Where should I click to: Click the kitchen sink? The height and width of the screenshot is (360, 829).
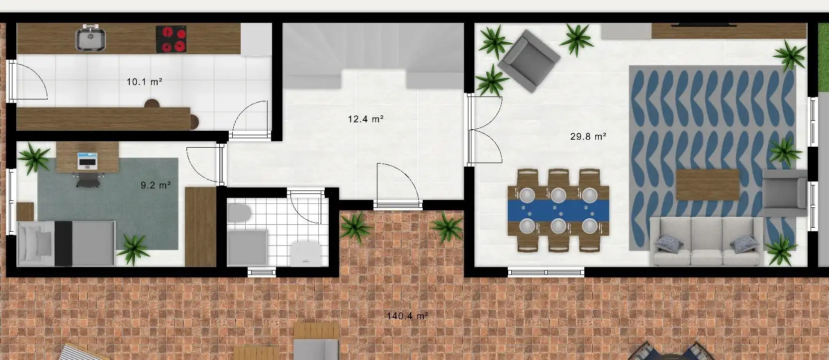coord(91,38)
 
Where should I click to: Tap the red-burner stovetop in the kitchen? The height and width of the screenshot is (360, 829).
coord(171,39)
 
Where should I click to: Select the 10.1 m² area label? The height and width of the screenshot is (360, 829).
coord(144,82)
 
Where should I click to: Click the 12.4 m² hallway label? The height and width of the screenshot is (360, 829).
coord(366,119)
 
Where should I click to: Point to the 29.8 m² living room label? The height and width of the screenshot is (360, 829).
coord(588,137)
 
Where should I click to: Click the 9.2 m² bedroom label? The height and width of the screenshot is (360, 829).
coord(156,185)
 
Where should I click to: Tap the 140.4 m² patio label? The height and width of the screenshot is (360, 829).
coord(407,316)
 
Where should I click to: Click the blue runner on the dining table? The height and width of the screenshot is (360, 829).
coord(558,211)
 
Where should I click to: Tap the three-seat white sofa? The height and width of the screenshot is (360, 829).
coord(707,241)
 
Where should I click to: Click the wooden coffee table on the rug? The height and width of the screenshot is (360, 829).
coord(708,185)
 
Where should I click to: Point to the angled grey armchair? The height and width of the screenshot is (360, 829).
coord(529,61)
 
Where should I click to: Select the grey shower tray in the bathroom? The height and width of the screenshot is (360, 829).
coord(247,248)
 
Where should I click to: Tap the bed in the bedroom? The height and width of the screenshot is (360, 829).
coord(66,244)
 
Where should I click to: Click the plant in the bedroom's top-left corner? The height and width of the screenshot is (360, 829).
coord(34,158)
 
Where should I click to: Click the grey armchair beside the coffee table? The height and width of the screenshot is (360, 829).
coord(785,193)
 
